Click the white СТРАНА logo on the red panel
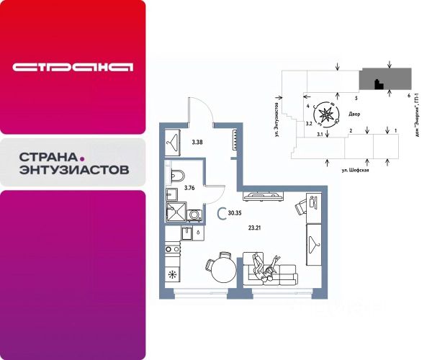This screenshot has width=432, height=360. [73, 68]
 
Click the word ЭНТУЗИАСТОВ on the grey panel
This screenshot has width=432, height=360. [73, 171]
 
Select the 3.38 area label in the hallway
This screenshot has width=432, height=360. [197, 142]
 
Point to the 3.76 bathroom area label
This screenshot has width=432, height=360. [190, 188]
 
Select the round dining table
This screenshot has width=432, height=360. [222, 271]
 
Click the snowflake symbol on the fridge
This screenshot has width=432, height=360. [172, 274]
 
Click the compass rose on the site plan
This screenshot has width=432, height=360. [328, 112]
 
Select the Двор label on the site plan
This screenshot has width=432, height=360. [354, 114]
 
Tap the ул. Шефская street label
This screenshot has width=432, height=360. [355, 171]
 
